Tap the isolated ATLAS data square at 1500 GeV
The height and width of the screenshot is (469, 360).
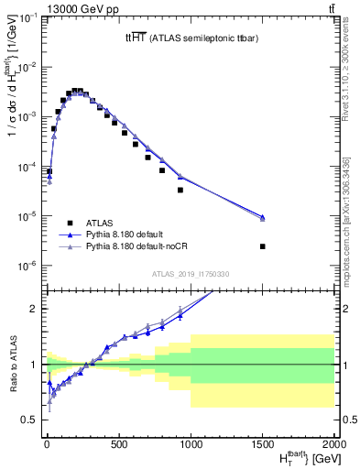263,246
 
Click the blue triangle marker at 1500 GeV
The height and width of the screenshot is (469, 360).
263,217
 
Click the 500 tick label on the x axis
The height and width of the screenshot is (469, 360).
117,445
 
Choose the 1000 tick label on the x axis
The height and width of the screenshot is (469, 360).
190,445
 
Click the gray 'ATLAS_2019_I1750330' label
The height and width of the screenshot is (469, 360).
190,274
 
